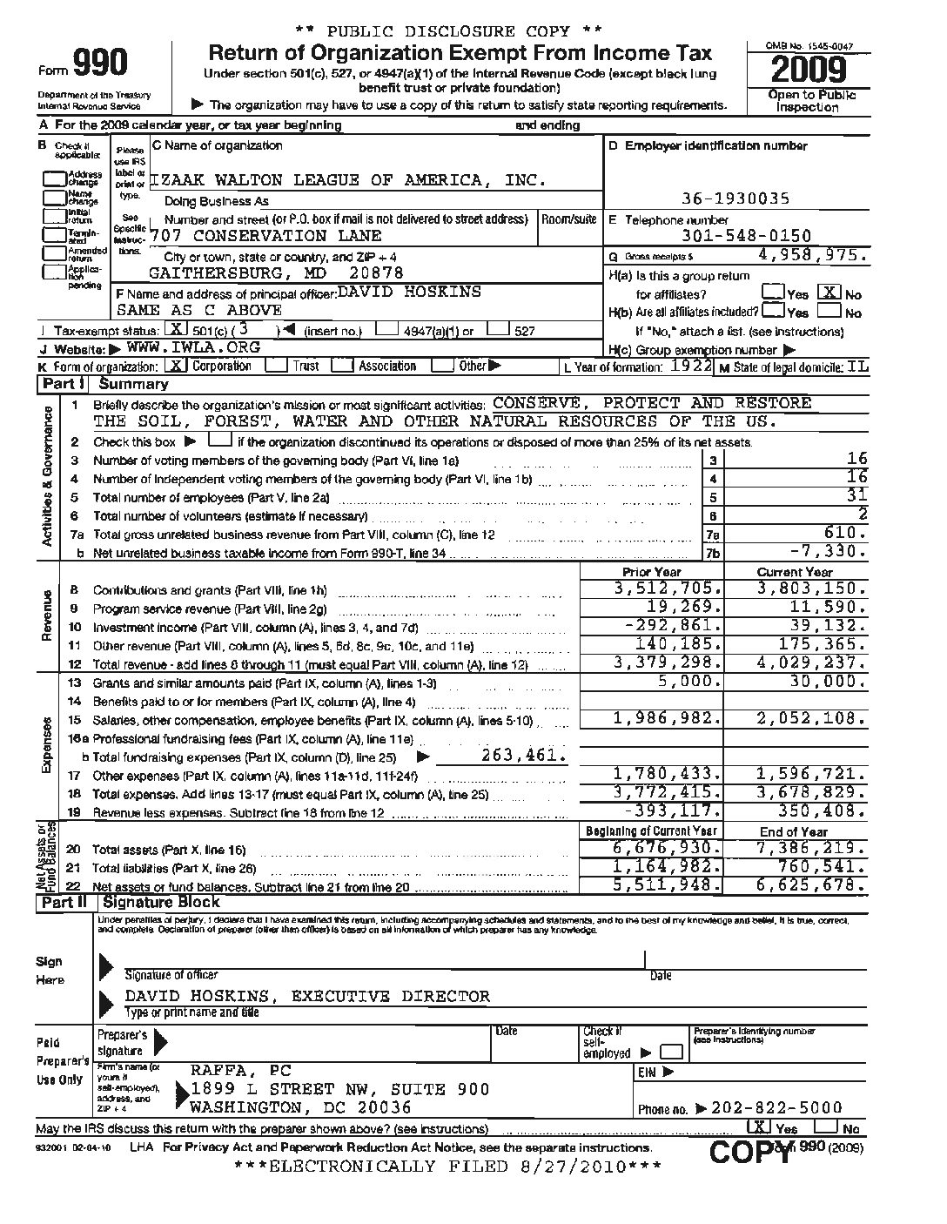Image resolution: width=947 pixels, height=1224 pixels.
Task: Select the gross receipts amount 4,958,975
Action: pos(812,256)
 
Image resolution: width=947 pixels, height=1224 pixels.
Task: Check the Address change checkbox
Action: pos(55,179)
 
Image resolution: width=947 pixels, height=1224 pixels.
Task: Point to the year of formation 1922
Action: pos(694,367)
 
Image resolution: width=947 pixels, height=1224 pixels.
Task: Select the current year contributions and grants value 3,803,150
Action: pos(811,588)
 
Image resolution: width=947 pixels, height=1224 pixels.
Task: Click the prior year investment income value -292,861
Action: pos(667,627)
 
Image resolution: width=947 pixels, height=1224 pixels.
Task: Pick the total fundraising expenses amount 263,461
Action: pos(523,755)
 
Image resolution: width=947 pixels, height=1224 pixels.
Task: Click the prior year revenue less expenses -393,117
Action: pos(667,812)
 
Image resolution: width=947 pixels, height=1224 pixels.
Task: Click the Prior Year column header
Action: pos(652,572)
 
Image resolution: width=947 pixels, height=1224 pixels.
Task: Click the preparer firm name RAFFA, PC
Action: pos(241,1071)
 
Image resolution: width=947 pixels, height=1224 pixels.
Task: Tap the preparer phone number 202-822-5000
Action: pos(776,1107)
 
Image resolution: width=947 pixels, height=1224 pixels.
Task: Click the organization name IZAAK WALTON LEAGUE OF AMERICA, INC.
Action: pos(349,180)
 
